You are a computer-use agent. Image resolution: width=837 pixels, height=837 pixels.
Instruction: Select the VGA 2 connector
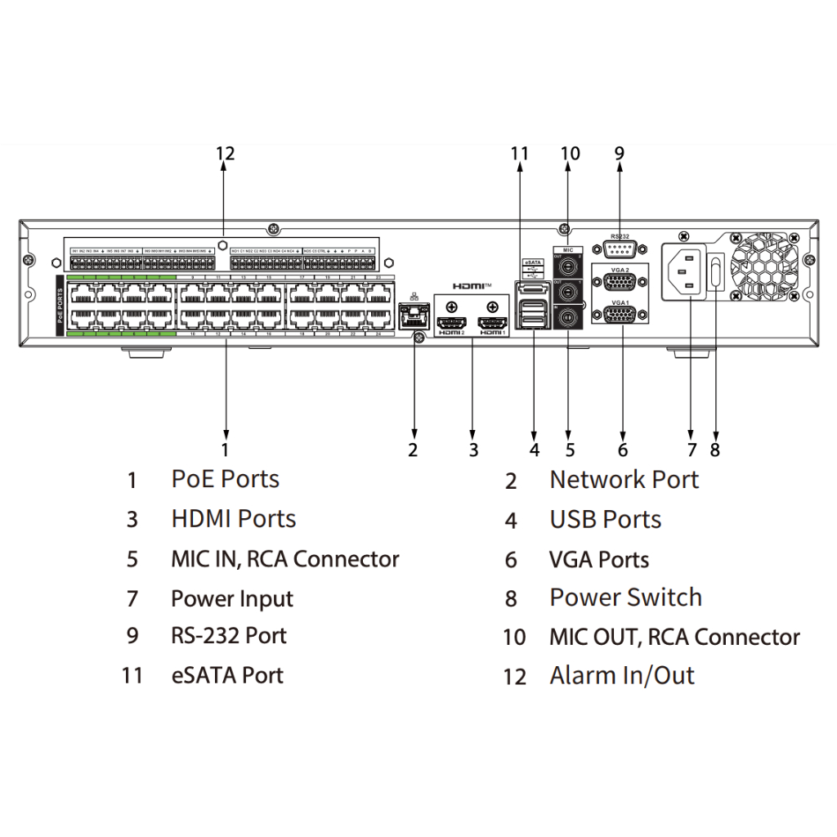coord(620,283)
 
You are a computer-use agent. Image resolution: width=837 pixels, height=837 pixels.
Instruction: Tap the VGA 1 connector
coord(620,316)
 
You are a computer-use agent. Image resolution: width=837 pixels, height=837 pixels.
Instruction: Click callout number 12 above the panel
coord(225,153)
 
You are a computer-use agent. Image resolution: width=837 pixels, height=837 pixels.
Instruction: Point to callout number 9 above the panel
coord(620,153)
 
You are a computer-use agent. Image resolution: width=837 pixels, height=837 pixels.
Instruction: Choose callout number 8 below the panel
coord(716,450)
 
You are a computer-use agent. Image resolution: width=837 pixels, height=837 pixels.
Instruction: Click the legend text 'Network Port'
coord(624,480)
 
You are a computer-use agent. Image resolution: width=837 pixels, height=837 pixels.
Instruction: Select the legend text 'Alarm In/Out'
coord(621,676)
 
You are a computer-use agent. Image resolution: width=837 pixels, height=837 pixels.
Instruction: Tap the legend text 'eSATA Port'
coord(227,675)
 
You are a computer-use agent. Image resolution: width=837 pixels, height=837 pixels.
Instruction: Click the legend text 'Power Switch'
coord(625,598)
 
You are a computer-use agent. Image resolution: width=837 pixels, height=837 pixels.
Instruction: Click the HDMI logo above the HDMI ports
coord(472,286)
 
